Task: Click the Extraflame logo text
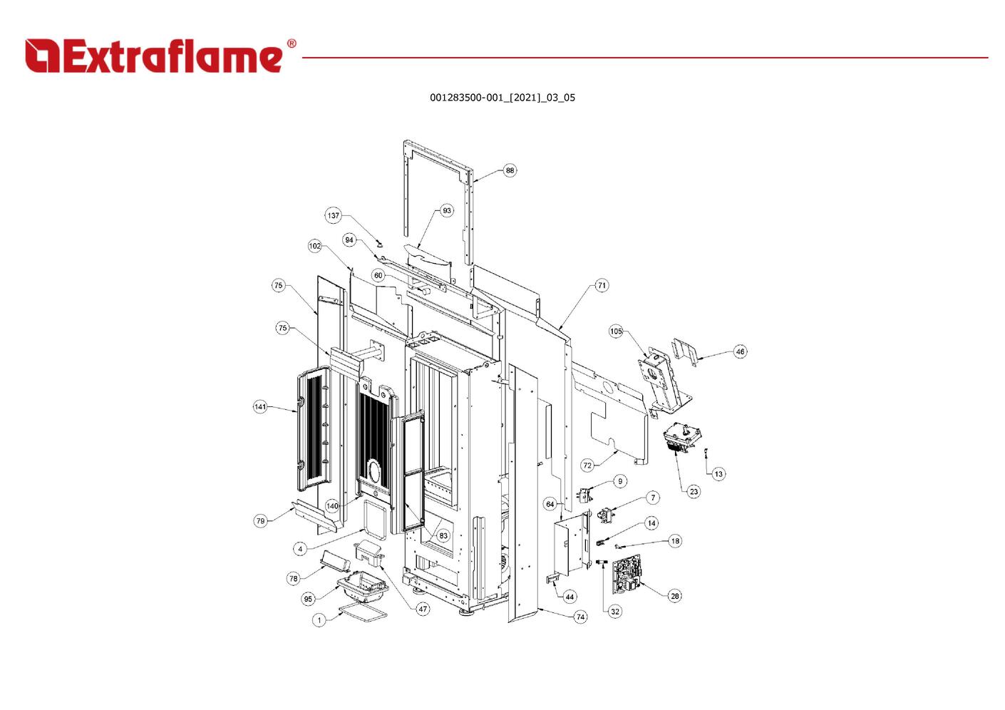[154, 56]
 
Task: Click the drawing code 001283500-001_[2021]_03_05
[502, 98]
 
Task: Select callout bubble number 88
[510, 170]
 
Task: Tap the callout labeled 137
[334, 215]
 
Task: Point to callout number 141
[260, 407]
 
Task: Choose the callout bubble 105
[616, 331]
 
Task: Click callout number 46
[740, 351]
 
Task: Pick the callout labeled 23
[694, 491]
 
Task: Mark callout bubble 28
[675, 596]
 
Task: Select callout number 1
[319, 620]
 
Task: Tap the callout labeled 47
[423, 609]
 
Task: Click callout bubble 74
[581, 617]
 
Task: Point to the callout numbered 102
[315, 246]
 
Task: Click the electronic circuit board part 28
[626, 575]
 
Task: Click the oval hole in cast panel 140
[373, 472]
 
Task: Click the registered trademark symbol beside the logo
[292, 43]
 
